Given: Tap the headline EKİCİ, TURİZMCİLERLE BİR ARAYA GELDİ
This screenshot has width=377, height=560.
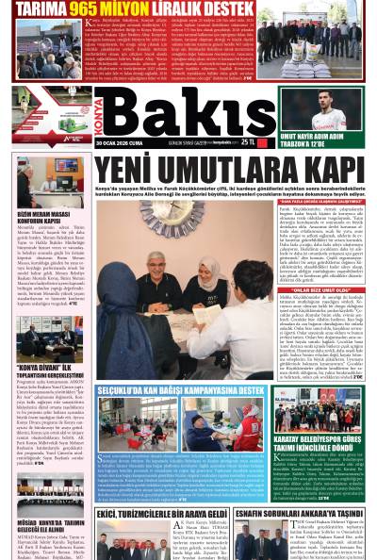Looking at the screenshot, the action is (159, 515).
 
